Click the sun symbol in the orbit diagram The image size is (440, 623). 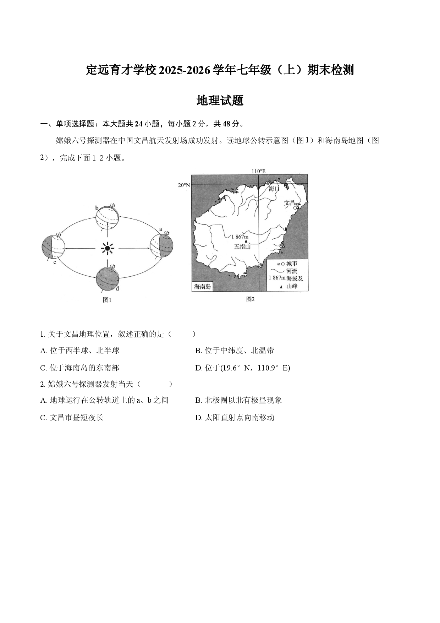pos(108,248)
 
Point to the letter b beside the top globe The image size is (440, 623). pos(97,207)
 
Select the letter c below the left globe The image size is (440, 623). pos(55,262)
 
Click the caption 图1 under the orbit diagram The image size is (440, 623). pos(107,300)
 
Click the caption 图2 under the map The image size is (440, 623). pos(251,299)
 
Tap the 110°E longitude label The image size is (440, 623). pos(258,171)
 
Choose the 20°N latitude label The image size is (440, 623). pos(184,185)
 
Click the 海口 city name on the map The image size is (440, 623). pos(274,189)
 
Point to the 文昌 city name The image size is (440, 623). pos(290,203)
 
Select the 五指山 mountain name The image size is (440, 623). pos(242,246)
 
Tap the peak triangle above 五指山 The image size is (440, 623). pos(246,241)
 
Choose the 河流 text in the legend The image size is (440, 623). pos(292,271)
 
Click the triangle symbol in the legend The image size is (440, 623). pos(281,287)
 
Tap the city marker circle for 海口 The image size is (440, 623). pos(268,183)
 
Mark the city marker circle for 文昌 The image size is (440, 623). pos(295,208)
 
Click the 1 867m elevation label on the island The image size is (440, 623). pos(240,237)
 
